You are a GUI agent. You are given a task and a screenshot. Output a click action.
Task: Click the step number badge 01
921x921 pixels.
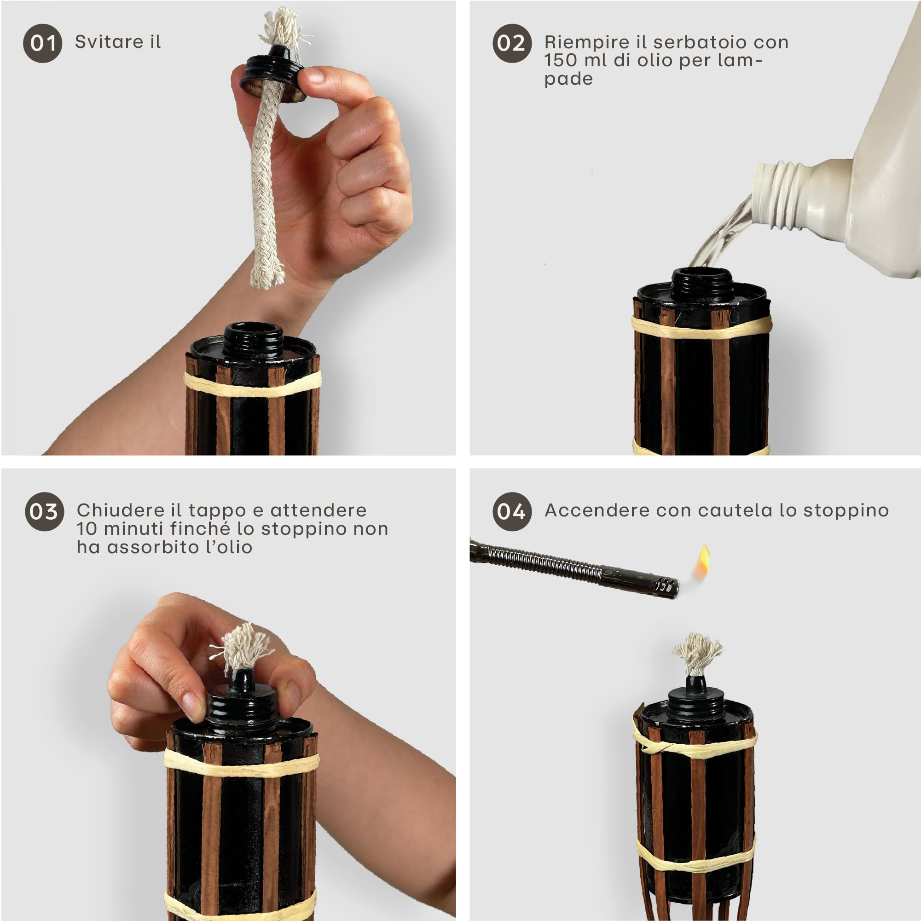pos(42,43)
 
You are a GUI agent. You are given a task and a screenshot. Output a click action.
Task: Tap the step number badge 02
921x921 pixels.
pos(511,43)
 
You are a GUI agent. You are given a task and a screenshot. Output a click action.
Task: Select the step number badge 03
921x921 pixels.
pos(44,511)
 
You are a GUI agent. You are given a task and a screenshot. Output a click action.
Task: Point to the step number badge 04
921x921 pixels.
pos(511,511)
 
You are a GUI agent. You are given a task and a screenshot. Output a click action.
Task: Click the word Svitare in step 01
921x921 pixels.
pos(109,42)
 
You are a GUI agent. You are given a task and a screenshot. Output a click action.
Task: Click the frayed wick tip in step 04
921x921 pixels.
pos(697,653)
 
